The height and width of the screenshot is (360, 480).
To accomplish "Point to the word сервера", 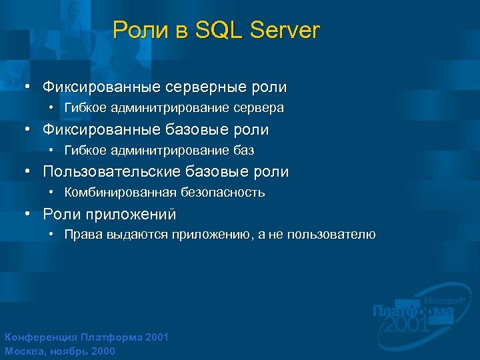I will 257,108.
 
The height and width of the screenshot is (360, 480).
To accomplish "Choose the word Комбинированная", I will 121,193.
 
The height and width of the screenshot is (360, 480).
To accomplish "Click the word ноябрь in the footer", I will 66,351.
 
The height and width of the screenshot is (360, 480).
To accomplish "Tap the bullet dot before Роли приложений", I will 27,215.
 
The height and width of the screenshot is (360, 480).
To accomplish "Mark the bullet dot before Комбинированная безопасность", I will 53,193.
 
